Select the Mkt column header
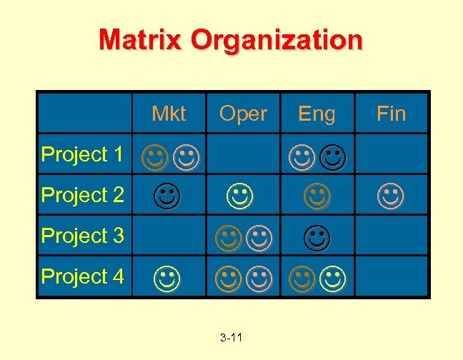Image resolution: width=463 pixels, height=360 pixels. (x=169, y=114)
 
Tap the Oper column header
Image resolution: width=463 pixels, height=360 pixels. (x=243, y=114)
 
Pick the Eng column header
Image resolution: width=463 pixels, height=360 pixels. (x=317, y=114)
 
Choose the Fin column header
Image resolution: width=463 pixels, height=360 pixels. (x=391, y=114)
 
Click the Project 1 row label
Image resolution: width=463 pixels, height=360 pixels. (x=83, y=154)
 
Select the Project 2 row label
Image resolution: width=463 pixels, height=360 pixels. (x=83, y=194)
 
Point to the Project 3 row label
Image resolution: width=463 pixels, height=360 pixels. (x=83, y=235)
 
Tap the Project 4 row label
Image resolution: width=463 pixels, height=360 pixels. (x=83, y=276)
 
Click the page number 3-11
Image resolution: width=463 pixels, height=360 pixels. (x=231, y=336)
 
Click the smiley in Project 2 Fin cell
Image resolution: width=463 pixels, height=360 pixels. (x=391, y=195)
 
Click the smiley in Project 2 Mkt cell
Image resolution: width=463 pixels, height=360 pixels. (x=166, y=195)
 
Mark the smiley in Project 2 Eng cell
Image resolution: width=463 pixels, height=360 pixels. (x=317, y=195)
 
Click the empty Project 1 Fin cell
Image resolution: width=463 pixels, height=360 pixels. (x=392, y=154)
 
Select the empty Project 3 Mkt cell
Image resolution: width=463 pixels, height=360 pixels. (x=169, y=235)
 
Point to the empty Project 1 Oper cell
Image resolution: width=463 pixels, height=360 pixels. (x=243, y=154)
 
